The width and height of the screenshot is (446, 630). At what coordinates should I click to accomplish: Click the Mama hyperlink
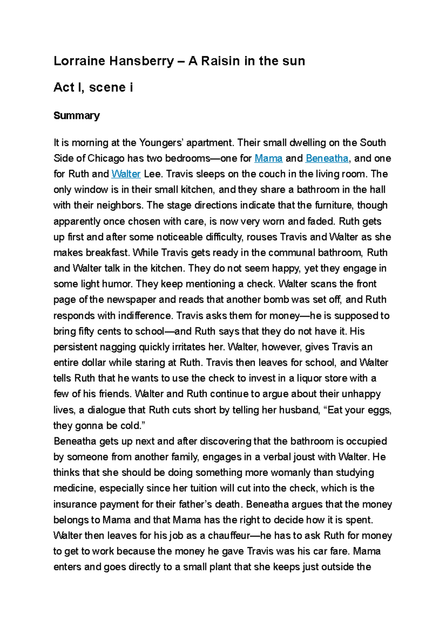tap(268, 158)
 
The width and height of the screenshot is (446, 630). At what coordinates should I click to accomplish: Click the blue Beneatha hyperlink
tap(327, 158)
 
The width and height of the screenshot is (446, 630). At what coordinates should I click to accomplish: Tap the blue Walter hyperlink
tap(126, 174)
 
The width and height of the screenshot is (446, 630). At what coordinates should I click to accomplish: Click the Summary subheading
tap(77, 116)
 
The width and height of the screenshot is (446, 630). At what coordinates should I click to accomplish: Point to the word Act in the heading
tap(64, 88)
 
